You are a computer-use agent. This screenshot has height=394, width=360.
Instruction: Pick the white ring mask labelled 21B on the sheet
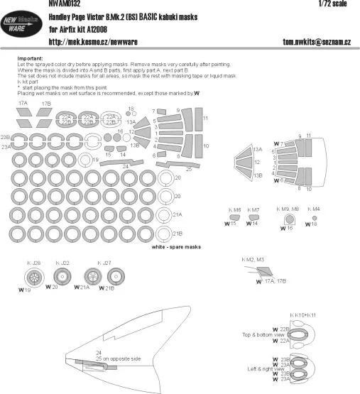pyautogui.click(x=163, y=232)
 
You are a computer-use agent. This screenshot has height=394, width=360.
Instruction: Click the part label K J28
pyautogui.click(x=33, y=263)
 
